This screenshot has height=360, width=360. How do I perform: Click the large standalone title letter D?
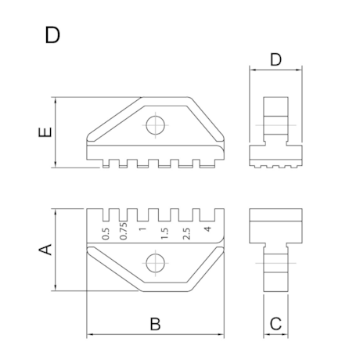click(x=52, y=35)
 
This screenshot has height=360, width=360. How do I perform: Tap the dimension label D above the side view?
click(x=275, y=59)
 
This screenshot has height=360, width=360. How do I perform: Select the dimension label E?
click(x=46, y=133)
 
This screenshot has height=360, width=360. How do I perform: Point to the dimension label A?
click(x=46, y=250)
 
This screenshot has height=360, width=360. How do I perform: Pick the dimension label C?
click(x=275, y=322)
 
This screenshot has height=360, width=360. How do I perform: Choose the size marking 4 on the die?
click(x=206, y=230)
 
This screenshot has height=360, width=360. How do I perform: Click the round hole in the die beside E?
click(x=156, y=126)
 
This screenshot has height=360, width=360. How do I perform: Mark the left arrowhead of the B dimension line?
click(x=88, y=335)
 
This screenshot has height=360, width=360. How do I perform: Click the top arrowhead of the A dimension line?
click(x=56, y=211)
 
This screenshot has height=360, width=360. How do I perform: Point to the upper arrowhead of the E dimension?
click(x=56, y=99)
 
